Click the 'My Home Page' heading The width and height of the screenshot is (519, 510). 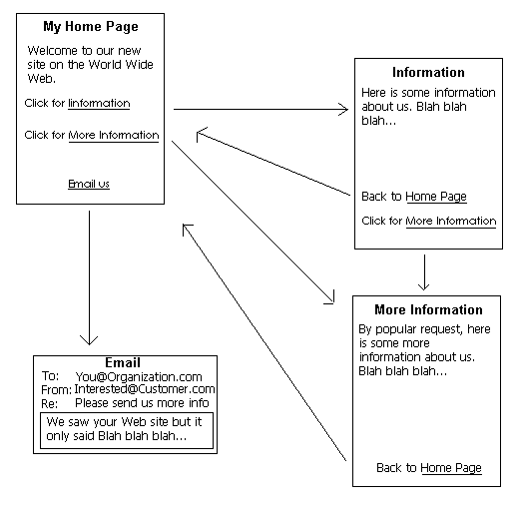(91, 27)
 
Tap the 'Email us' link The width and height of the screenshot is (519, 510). (89, 184)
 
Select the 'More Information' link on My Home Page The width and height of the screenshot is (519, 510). (114, 136)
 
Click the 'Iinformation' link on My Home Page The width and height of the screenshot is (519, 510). (99, 104)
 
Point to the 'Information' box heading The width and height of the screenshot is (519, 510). (428, 72)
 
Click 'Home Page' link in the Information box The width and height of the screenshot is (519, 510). (436, 197)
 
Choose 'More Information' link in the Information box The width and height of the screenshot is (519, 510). (451, 222)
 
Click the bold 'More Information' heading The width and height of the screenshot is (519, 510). (428, 309)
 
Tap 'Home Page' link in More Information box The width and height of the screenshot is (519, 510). (451, 468)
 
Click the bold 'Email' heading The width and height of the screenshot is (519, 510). (123, 362)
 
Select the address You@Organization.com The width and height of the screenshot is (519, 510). (139, 377)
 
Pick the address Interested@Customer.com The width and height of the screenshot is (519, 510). (145, 389)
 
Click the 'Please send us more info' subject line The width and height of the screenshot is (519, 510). (142, 403)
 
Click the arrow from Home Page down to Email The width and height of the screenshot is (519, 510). (89, 277)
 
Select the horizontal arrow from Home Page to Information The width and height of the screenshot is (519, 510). (260, 109)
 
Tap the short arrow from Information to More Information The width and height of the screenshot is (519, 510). (424, 272)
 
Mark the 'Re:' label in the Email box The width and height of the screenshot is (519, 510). (49, 404)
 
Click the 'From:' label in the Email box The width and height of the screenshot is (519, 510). (56, 389)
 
